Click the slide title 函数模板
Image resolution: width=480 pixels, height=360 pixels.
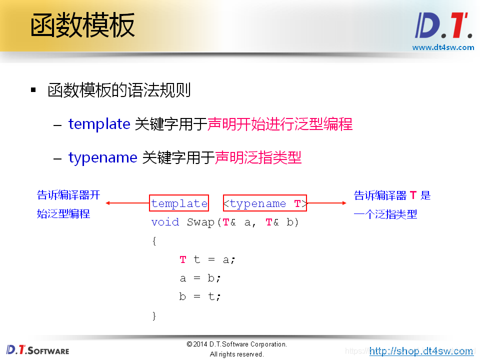pyautogui.click(x=82, y=26)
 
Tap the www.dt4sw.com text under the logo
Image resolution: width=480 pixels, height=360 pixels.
pyautogui.click(x=442, y=47)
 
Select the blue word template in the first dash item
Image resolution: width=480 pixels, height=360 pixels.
pyautogui.click(x=99, y=124)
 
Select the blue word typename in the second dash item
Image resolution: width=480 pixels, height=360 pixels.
pyautogui.click(x=102, y=157)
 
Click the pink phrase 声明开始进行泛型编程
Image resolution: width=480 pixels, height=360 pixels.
pyautogui.click(x=280, y=124)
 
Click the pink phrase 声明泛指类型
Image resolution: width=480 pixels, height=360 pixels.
pyautogui.click(x=258, y=157)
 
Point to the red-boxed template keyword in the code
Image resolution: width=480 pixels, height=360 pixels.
pyautogui.click(x=179, y=203)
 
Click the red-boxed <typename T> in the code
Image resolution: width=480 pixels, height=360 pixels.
pyautogui.click(x=264, y=203)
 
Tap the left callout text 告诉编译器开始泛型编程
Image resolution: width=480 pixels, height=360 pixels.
pyautogui.click(x=68, y=204)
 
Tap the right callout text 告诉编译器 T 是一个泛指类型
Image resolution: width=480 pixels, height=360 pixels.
pyautogui.click(x=392, y=204)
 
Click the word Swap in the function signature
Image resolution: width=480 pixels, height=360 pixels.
pyautogui.click(x=200, y=222)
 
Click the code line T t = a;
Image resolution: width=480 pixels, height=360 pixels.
pyautogui.click(x=207, y=259)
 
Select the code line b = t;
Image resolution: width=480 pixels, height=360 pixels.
pyautogui.click(x=200, y=296)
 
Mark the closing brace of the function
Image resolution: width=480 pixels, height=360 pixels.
pyautogui.click(x=154, y=315)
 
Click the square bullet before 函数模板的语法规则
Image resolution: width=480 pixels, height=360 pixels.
pyautogui.click(x=33, y=90)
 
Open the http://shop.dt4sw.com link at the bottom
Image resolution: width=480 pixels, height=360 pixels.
pyautogui.click(x=421, y=351)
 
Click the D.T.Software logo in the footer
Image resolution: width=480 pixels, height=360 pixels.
pyautogui.click(x=38, y=350)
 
